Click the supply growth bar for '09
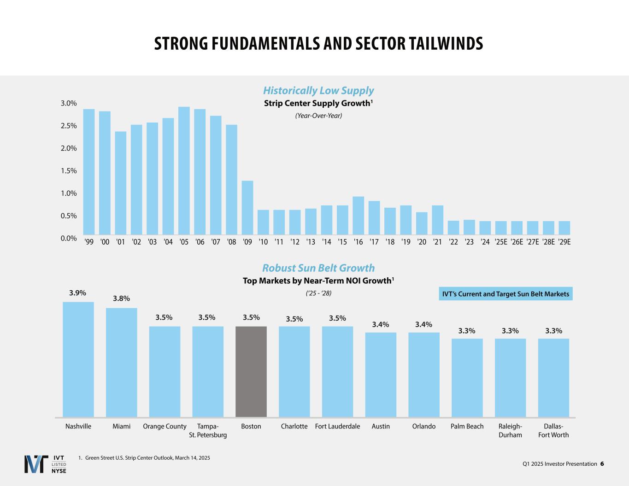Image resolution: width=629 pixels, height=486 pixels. tap(247, 208)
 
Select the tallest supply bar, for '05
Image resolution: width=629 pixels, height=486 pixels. tap(184, 171)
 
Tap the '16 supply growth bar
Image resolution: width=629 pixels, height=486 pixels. tap(358, 216)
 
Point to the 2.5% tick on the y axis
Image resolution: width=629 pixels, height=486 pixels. tap(69, 126)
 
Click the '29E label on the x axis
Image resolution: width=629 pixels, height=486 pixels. tap(564, 242)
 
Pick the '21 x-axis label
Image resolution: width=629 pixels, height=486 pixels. tap(437, 242)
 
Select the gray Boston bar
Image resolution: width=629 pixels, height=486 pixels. tap(251, 371)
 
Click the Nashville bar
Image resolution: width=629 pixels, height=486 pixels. tap(78, 359)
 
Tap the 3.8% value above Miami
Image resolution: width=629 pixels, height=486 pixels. tap(121, 299)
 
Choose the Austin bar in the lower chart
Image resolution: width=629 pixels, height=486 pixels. tap(381, 375)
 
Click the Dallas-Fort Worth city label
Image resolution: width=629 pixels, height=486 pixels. tap(553, 430)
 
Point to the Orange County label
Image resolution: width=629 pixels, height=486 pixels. tap(165, 427)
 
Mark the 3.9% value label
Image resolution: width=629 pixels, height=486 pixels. tap(77, 293)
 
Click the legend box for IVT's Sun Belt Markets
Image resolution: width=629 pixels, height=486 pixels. tap(506, 294)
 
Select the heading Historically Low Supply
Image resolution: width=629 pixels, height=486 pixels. tap(318, 91)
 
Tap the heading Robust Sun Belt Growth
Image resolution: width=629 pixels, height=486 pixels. tap(318, 268)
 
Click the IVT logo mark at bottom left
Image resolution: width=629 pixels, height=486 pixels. tap(36, 464)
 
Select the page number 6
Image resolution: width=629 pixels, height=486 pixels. tap(602, 464)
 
